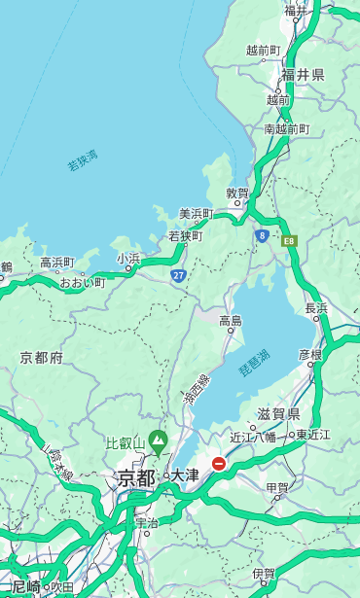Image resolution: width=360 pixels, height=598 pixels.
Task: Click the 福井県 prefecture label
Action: (303, 75)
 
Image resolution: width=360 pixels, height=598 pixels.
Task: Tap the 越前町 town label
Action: (263, 50)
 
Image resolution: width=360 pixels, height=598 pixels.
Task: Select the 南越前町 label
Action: (286, 128)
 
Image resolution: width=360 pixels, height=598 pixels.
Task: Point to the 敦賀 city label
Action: (237, 193)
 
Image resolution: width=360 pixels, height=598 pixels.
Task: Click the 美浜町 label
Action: (196, 214)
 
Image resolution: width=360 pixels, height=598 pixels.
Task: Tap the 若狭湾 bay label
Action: (83, 160)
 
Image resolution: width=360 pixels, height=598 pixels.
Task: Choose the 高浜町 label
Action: (56, 263)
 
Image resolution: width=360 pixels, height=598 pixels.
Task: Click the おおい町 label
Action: (83, 283)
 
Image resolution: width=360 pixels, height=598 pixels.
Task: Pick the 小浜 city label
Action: (128, 259)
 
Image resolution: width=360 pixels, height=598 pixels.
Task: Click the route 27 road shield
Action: (178, 275)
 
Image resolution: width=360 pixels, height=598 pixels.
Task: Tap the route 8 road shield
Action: (262, 235)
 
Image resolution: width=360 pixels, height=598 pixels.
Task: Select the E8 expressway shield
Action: (289, 240)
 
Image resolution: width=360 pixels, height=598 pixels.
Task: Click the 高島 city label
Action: (231, 321)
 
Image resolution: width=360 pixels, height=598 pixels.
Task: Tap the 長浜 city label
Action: (317, 308)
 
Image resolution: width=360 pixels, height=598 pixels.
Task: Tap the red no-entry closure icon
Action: (219, 464)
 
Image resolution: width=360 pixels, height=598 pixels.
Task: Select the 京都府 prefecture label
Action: (42, 358)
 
